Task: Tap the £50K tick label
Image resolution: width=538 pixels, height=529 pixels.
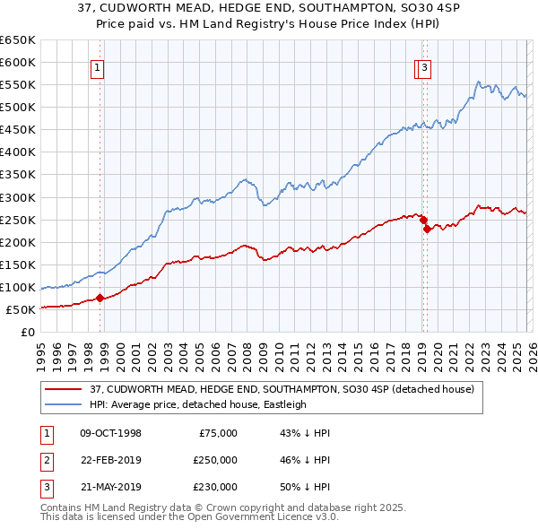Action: (22, 309)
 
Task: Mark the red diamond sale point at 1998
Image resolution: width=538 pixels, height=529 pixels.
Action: (100, 299)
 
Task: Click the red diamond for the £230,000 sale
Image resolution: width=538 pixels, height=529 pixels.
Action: (428, 229)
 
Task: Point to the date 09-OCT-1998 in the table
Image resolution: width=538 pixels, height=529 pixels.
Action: (110, 433)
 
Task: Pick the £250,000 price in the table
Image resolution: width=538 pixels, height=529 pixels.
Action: (215, 460)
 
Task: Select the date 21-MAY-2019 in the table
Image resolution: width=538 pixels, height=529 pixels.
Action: (110, 487)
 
